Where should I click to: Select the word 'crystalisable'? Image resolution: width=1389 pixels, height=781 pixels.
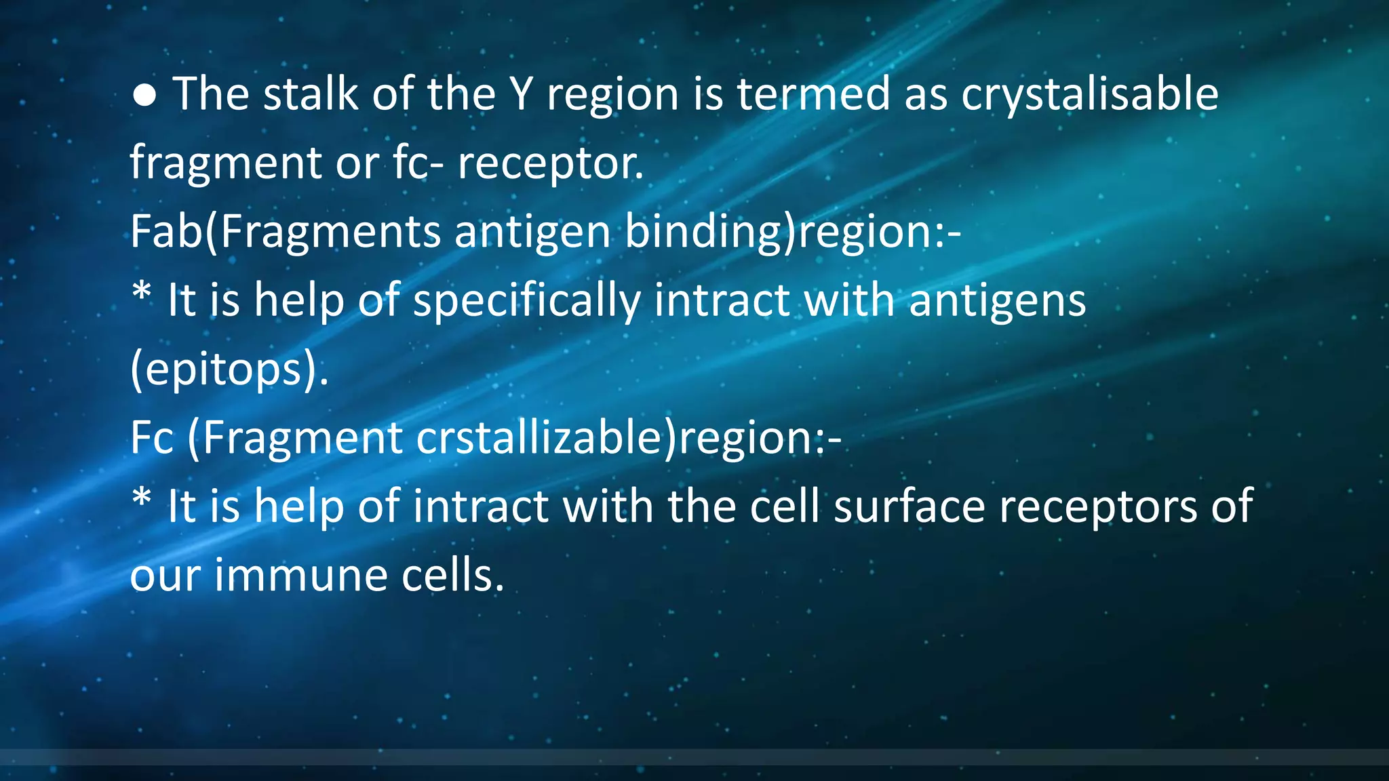[1090, 95]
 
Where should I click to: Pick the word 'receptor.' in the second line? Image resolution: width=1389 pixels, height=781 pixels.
[550, 164]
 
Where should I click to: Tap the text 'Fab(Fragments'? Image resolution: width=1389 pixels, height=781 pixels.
[286, 232]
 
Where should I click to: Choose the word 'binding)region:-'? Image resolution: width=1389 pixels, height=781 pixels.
[792, 232]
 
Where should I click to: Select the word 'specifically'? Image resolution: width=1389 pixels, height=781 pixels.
[527, 301]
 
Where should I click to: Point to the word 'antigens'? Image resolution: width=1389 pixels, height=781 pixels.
[998, 301]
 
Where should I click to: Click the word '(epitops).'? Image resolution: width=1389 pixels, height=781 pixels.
[229, 370]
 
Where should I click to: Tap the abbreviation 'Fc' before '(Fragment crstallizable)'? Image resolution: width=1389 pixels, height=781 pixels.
[152, 438]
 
